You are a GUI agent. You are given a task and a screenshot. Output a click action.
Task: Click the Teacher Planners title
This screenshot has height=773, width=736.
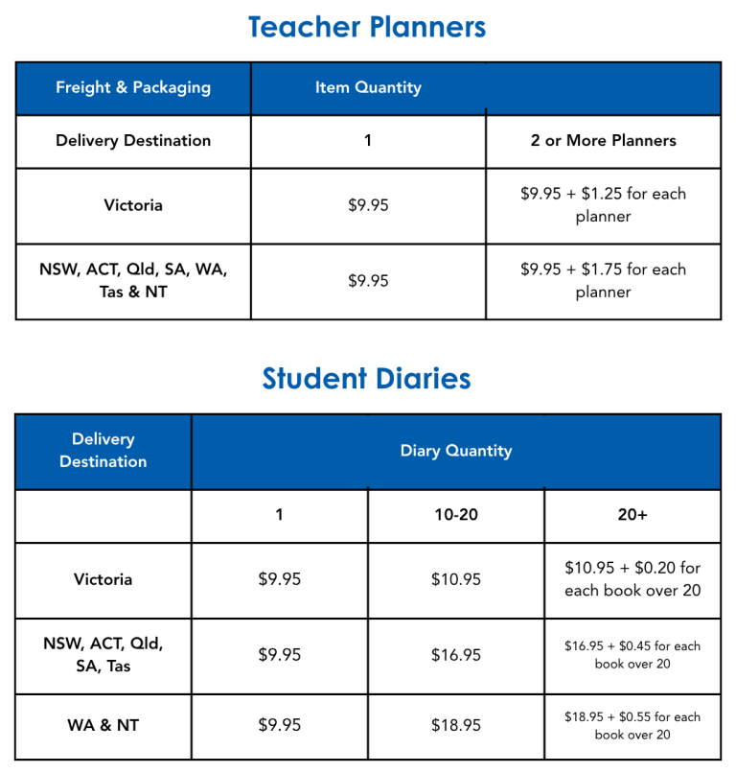click(x=367, y=27)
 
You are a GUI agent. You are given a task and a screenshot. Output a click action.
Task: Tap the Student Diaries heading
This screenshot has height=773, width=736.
click(x=367, y=379)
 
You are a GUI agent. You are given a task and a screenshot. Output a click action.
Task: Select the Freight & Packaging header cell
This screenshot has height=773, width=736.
click(x=133, y=87)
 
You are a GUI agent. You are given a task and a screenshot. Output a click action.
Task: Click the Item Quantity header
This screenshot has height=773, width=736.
click(x=368, y=87)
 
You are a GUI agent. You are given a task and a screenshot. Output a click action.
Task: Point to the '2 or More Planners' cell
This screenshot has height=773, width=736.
click(x=603, y=140)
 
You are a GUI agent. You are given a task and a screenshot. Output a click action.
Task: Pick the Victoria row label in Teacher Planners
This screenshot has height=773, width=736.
click(x=133, y=205)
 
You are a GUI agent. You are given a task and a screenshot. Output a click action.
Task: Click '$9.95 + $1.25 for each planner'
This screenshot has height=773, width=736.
click(x=603, y=205)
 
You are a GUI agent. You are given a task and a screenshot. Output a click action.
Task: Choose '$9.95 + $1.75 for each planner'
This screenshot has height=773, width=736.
click(x=603, y=281)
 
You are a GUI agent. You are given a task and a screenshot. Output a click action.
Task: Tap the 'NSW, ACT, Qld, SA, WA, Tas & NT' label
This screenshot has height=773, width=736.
click(x=133, y=281)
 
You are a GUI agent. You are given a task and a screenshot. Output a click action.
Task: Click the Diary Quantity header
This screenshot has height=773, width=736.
click(x=456, y=451)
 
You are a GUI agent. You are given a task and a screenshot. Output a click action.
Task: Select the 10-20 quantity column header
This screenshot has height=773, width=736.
click(x=456, y=515)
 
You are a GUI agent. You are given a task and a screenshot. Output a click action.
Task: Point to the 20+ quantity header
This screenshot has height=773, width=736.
click(x=632, y=515)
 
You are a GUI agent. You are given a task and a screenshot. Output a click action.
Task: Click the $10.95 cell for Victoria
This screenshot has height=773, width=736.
click(x=456, y=579)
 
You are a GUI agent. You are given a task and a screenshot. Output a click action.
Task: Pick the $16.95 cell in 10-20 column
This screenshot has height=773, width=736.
click(x=456, y=655)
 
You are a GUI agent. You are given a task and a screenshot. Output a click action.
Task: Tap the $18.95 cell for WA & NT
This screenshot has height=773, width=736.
click(x=456, y=726)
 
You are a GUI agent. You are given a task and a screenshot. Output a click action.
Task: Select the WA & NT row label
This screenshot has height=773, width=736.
click(x=103, y=726)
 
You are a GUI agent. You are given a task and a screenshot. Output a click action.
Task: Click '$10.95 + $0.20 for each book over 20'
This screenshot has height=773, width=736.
click(x=632, y=579)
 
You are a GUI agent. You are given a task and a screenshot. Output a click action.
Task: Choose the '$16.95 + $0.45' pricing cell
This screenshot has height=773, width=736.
click(x=632, y=655)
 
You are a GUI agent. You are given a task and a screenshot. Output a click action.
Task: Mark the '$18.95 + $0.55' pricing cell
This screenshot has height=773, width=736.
click(x=632, y=726)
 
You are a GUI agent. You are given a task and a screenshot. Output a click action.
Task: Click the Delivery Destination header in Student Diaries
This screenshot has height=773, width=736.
click(x=103, y=451)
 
